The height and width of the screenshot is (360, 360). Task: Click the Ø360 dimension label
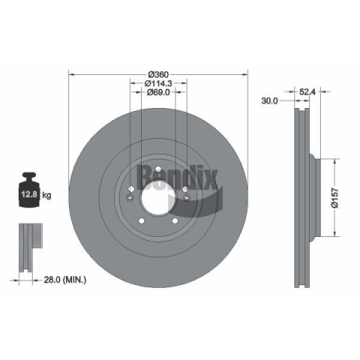(158, 74)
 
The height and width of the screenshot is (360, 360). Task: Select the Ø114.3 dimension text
(158, 83)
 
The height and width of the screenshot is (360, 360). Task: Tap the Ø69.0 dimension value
(158, 92)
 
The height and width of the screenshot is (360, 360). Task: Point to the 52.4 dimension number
(307, 92)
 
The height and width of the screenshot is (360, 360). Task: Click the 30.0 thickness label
(269, 100)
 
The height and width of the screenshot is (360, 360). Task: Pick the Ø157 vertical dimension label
(334, 198)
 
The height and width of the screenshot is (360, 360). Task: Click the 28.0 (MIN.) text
(65, 280)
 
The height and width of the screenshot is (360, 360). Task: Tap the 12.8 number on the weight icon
(29, 194)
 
